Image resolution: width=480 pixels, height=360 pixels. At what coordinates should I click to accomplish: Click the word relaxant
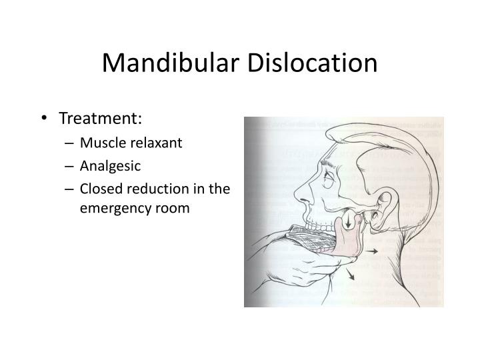[x=160, y=143]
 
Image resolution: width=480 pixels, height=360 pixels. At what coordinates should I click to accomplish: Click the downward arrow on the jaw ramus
[x=348, y=225]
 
